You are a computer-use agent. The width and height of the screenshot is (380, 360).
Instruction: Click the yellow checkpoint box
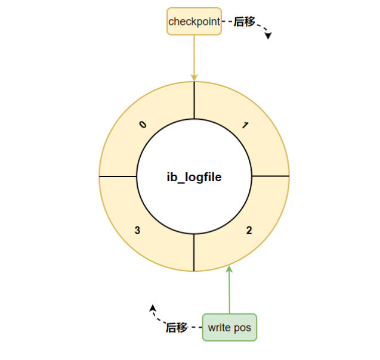pos(194,21)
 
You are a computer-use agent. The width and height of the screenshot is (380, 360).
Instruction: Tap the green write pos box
pos(230,327)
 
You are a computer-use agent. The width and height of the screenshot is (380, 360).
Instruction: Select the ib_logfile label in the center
pos(194,177)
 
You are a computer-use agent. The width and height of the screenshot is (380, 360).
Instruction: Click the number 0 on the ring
pos(142,125)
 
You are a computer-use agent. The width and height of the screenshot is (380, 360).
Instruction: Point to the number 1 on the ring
pos(245,125)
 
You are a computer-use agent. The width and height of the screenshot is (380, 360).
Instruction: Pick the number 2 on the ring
pos(249,230)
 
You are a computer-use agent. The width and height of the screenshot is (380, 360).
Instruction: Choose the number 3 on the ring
pos(138,230)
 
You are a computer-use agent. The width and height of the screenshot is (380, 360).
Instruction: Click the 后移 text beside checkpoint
pos(244,21)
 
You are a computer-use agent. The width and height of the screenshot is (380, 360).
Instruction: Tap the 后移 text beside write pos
pos(177,327)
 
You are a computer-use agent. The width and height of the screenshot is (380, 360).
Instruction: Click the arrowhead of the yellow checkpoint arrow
pos(194,77)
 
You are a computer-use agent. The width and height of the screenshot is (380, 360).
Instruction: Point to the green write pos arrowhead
pos(230,271)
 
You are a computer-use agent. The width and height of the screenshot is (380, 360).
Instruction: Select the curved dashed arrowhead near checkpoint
pos(268,36)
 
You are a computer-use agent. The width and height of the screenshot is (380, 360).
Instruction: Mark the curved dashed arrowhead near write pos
pos(152,308)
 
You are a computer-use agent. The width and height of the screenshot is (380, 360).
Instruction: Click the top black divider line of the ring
pos(194,100)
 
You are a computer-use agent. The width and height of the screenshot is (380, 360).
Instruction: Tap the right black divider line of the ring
pos(270,176)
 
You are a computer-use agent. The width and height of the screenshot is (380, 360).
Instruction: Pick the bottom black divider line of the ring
pos(194,253)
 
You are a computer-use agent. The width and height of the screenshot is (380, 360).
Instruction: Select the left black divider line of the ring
pos(118,176)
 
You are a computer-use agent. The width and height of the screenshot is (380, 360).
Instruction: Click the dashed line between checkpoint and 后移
pos(227,21)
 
